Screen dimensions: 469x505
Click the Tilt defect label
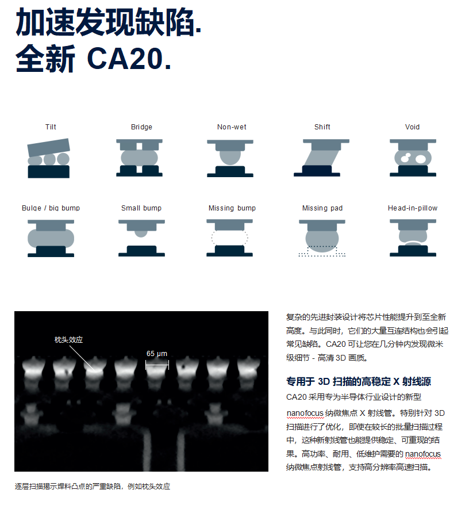click(51, 127)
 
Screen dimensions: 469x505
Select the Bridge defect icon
click(140, 158)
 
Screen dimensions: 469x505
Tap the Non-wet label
click(232, 127)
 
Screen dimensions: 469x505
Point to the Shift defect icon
click(321, 158)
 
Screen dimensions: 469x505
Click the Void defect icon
click(413, 158)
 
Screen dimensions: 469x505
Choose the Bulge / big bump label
click(51, 208)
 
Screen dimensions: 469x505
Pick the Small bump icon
click(141, 238)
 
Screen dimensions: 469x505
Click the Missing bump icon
click(229, 238)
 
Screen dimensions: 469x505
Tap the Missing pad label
click(322, 208)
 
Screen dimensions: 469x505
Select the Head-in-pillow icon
click(413, 238)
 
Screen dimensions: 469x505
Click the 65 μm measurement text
click(157, 353)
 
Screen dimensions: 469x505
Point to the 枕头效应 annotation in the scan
click(68, 340)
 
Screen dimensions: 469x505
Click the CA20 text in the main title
click(129, 58)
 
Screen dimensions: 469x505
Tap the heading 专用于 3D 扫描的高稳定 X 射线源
click(359, 382)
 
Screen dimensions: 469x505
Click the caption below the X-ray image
click(93, 487)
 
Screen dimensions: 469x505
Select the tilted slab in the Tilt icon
click(49, 147)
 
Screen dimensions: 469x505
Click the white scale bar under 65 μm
click(157, 365)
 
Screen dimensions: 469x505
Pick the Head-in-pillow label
click(413, 208)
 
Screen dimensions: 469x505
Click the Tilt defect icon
click(49, 158)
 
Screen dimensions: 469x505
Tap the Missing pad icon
click(322, 238)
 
